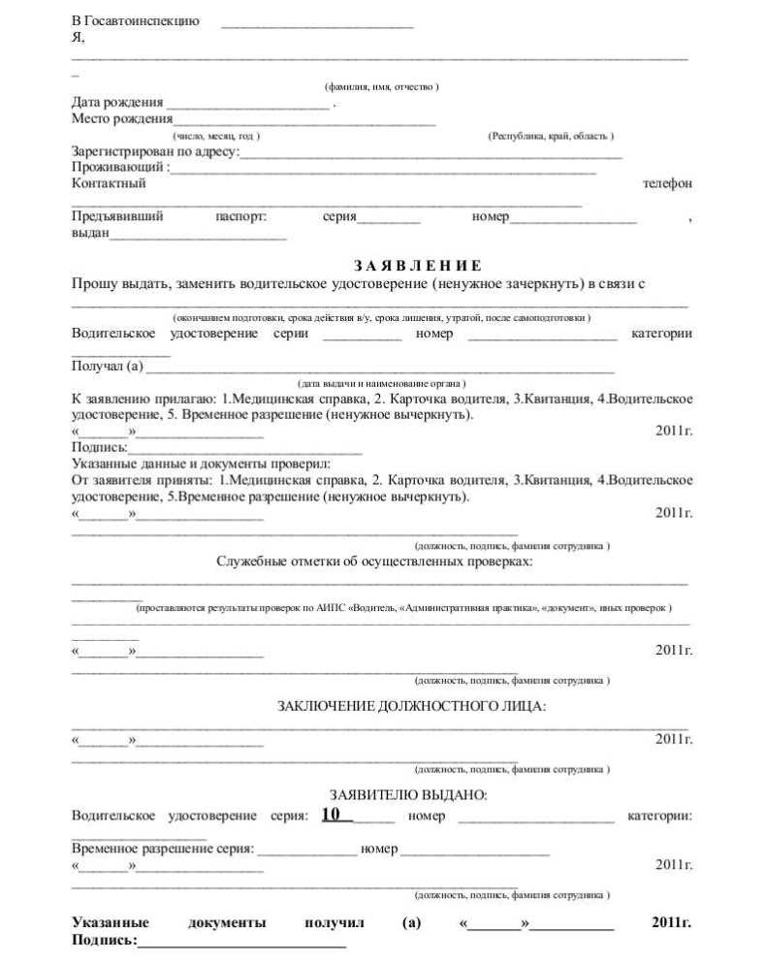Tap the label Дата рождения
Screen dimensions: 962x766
pyautogui.click(x=117, y=103)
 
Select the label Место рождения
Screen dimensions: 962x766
pyautogui.click(x=122, y=119)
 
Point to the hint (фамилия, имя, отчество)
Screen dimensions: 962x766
pyautogui.click(x=382, y=87)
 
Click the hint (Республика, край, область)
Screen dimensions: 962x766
pyautogui.click(x=550, y=136)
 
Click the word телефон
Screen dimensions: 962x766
pyautogui.click(x=667, y=183)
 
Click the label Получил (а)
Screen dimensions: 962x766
pyautogui.click(x=107, y=366)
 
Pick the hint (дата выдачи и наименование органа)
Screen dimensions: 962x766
pyautogui.click(x=382, y=383)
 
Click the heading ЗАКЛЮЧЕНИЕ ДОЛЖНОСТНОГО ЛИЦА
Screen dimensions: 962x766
pyautogui.click(x=412, y=706)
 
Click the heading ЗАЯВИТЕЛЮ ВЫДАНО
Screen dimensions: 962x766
pyautogui.click(x=407, y=795)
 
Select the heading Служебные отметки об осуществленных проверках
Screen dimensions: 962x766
pyautogui.click(x=374, y=561)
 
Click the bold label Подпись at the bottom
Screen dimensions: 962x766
pyautogui.click(x=103, y=941)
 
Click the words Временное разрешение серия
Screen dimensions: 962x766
pyautogui.click(x=162, y=849)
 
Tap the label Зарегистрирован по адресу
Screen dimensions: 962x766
pyautogui.click(x=154, y=152)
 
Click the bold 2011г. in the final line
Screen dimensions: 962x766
pyautogui.click(x=671, y=922)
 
